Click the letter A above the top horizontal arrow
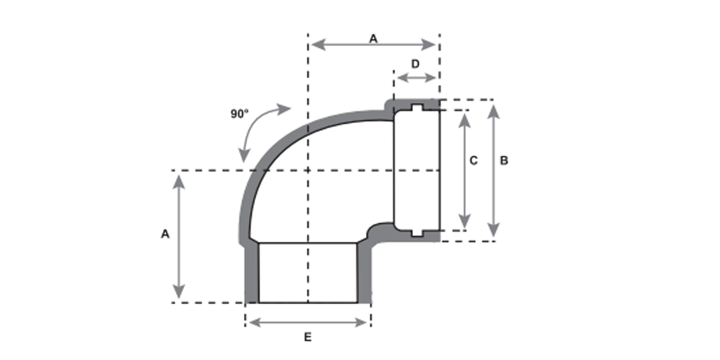pos(373,38)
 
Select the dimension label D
pos(415,64)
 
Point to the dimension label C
pos(473,161)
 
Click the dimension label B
pos(504,161)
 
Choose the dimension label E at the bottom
pos(307,338)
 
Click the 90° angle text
pos(239,113)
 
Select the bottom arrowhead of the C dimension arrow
pos(464,220)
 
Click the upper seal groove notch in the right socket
pos(418,108)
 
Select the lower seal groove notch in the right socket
pos(418,232)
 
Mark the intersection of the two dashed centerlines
pos(308,170)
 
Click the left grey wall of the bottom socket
pos(252,273)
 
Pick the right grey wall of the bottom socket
pos(364,273)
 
